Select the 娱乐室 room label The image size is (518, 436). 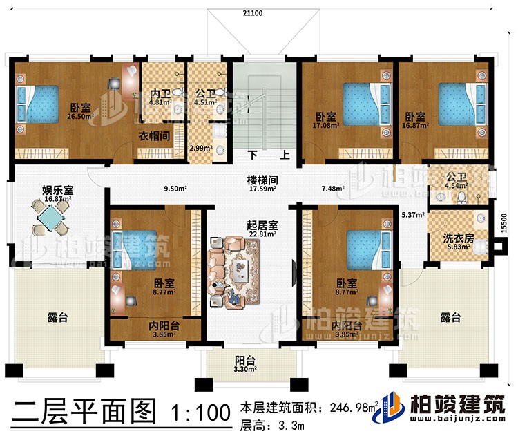click(x=38, y=189)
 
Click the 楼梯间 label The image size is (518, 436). click(x=263, y=177)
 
